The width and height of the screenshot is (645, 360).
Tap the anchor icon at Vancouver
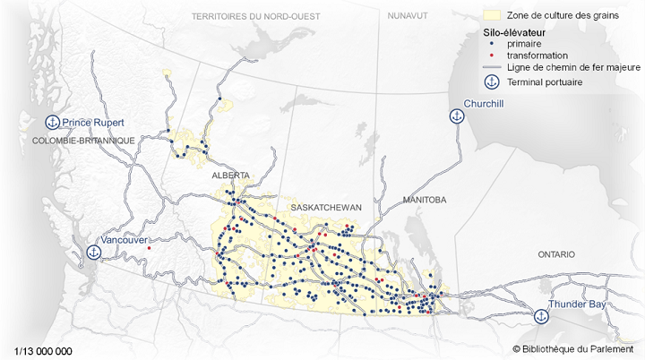93,253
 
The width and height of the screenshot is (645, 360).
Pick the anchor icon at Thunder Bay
540,316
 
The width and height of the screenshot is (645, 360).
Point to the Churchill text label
485,105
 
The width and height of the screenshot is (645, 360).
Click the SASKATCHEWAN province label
325,207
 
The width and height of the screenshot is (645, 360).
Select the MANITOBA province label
424,199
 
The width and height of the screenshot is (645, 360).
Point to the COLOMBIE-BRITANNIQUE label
82,141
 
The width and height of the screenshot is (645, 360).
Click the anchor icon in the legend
491,82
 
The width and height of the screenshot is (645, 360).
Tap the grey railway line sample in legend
491,68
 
